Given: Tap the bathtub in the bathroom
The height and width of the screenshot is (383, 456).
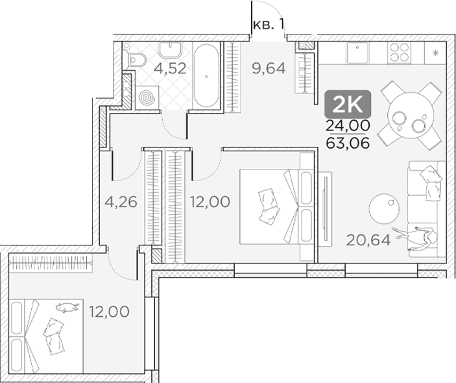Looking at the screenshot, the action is click(206, 76).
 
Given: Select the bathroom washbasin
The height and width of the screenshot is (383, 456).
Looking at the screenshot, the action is click(170, 50).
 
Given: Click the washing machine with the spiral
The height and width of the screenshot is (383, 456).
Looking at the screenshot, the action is click(147, 98).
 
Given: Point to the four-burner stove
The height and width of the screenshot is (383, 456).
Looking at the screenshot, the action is click(399, 53).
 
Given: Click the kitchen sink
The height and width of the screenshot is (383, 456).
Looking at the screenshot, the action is click(357, 53).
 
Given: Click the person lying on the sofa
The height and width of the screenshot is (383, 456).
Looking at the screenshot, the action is click(415, 236).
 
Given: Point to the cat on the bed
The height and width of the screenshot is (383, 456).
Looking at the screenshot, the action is click(67, 307).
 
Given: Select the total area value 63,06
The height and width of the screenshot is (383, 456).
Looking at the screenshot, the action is click(348, 143).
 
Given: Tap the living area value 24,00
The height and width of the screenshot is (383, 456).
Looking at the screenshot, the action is click(348, 125).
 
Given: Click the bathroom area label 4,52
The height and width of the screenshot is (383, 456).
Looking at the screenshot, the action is click(170, 68).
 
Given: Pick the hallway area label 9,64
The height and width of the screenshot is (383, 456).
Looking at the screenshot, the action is click(269, 68).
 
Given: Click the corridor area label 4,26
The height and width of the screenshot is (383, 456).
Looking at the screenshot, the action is click(121, 202).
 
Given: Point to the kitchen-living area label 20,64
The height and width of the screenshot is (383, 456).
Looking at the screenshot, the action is click(368, 240).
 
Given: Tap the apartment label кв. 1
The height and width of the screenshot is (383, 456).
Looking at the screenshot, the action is click(269, 25).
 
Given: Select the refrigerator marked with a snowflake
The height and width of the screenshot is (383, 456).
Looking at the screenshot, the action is click(435, 53).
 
